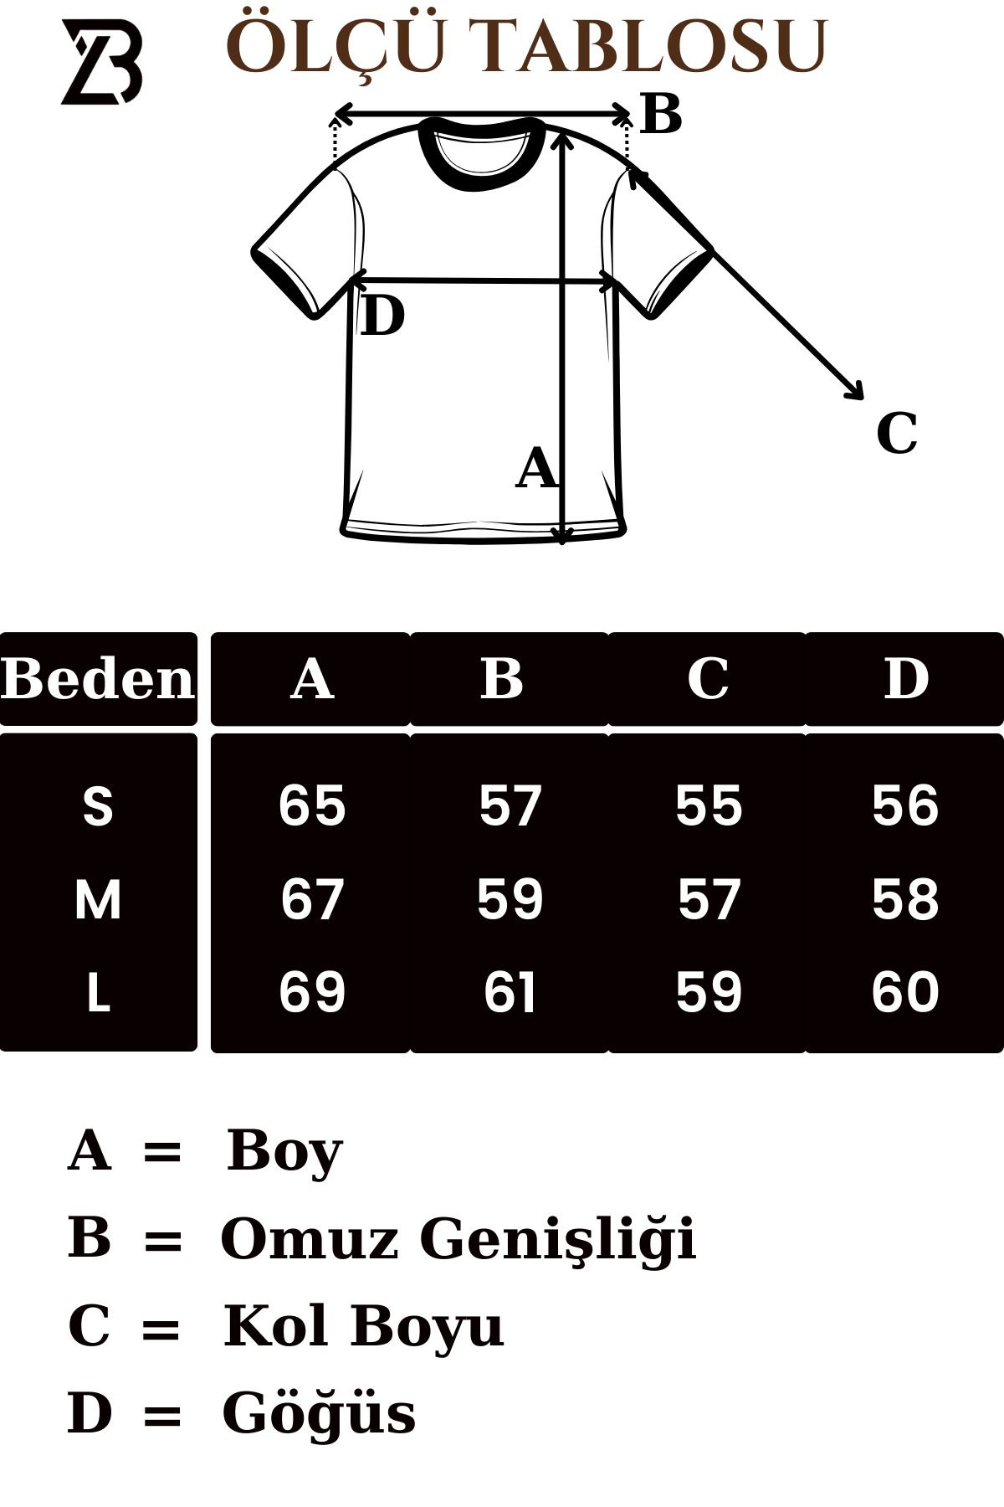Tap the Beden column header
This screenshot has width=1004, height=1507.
click(x=98, y=679)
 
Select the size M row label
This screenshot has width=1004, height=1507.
click(x=98, y=900)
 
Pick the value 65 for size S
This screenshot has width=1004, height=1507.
click(x=312, y=806)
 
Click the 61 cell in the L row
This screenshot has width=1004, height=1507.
click(x=510, y=993)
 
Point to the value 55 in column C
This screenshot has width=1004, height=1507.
click(x=709, y=806)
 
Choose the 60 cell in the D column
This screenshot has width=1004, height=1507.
click(x=905, y=993)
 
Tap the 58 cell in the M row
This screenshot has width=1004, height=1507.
click(x=905, y=900)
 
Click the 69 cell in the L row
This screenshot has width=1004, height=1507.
click(x=312, y=993)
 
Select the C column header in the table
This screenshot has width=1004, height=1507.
click(x=708, y=679)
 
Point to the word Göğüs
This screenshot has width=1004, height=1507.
click(x=319, y=1414)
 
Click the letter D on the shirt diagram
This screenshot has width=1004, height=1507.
click(x=382, y=316)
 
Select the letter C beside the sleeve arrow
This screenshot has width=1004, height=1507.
click(x=897, y=434)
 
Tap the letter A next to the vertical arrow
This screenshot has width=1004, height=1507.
click(x=536, y=468)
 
